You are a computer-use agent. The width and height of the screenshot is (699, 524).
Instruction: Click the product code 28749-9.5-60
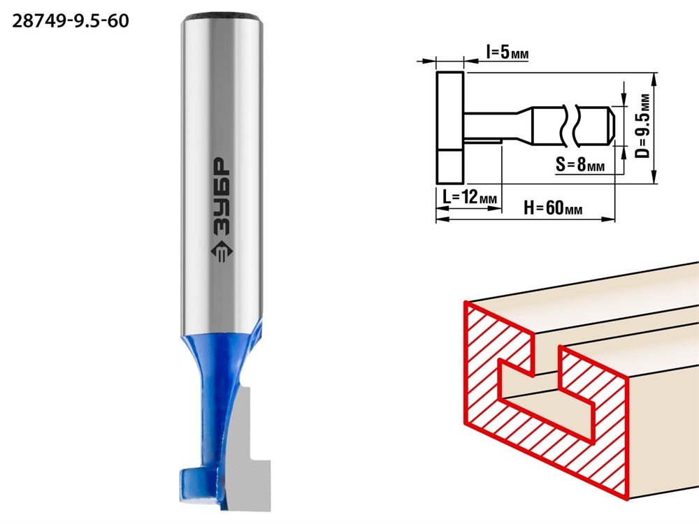(71, 21)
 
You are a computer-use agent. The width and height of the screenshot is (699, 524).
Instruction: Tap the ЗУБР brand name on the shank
(222, 196)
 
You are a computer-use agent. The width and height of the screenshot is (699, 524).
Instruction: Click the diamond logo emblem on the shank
(222, 253)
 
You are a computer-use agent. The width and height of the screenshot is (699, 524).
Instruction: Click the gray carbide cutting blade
(250, 450)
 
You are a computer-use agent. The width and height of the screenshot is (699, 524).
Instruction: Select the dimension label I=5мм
(507, 52)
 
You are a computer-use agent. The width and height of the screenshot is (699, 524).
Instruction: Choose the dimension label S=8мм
(580, 164)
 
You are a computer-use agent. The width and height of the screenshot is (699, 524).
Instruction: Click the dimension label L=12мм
(470, 196)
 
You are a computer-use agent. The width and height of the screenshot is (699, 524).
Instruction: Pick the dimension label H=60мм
(553, 208)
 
